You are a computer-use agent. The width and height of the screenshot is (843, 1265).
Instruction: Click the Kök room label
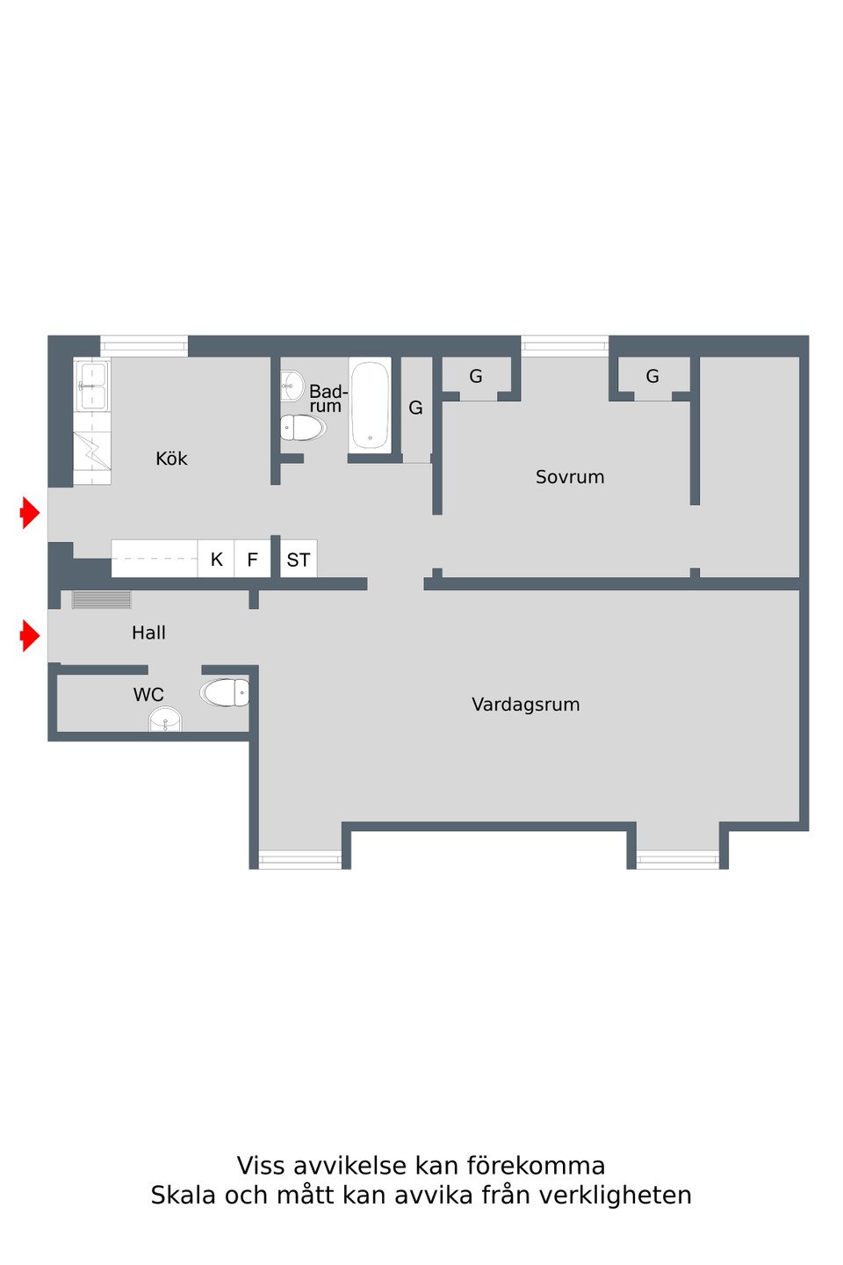click(x=171, y=458)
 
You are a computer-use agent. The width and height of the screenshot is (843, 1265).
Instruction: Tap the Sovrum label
click(x=570, y=477)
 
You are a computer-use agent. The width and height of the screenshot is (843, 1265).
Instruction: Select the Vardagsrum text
click(x=526, y=705)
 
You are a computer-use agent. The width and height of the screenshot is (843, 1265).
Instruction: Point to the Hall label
click(x=148, y=632)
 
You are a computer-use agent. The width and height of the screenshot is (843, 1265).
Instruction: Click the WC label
click(x=148, y=695)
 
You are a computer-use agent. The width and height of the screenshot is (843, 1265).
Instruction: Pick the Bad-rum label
click(x=328, y=398)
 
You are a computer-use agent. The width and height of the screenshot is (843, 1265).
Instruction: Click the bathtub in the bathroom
click(x=370, y=404)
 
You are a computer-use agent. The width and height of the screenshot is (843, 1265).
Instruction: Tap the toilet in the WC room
click(x=225, y=692)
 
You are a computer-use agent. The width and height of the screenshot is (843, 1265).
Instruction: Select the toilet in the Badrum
click(x=303, y=428)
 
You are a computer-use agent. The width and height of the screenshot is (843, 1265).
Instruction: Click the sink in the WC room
click(x=165, y=719)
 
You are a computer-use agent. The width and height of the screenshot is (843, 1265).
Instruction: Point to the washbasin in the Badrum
click(x=292, y=386)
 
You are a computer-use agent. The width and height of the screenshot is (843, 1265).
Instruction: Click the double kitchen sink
click(x=92, y=387)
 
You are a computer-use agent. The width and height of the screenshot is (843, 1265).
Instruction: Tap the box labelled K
click(x=216, y=559)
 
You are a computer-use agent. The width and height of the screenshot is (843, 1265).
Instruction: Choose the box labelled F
click(x=252, y=559)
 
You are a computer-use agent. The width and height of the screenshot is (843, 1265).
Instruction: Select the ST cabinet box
click(x=299, y=559)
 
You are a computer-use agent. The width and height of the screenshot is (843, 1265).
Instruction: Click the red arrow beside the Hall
click(x=30, y=636)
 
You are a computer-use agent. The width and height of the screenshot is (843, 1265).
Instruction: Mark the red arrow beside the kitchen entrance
click(x=30, y=513)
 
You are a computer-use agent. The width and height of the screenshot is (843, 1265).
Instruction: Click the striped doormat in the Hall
click(x=102, y=600)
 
